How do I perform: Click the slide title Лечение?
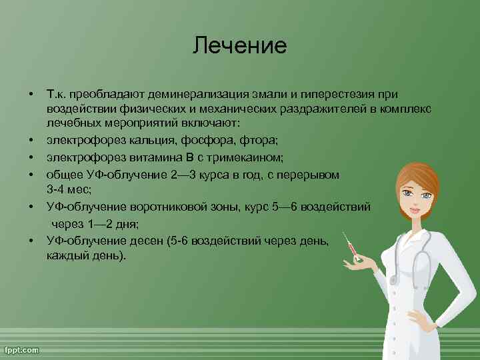pos(240,46)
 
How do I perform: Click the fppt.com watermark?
pos(22,349)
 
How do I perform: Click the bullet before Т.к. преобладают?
pos(31,92)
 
